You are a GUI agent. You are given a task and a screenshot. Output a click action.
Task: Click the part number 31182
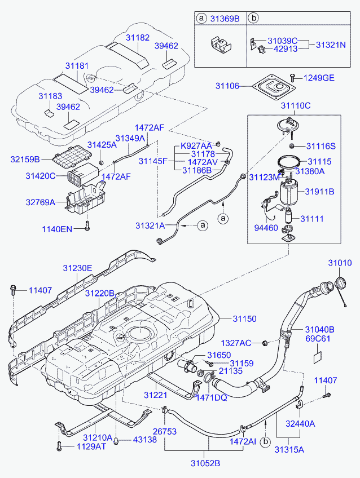point(138,38)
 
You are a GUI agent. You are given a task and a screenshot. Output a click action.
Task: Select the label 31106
point(227,86)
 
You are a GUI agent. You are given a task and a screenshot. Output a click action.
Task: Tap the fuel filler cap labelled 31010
point(340,282)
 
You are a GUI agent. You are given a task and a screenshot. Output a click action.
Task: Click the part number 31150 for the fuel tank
point(244,319)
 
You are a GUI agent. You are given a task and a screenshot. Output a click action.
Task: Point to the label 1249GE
point(319,78)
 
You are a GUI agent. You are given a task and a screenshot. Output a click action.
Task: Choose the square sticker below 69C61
point(318,357)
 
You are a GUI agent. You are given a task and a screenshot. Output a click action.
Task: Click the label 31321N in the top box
point(331,45)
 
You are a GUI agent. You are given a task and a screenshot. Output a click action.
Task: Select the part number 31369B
point(225,19)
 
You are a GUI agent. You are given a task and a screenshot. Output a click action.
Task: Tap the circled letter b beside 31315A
point(265,442)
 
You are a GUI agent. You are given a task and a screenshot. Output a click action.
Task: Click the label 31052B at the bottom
point(205,463)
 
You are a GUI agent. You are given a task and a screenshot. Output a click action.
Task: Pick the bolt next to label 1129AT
point(59,446)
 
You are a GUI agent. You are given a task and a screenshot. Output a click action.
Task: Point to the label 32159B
point(25,160)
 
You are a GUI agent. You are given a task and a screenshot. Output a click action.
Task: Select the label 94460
point(266,228)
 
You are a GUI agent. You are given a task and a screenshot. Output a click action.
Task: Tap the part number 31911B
point(319,192)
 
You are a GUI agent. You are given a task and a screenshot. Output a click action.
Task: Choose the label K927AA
point(196,146)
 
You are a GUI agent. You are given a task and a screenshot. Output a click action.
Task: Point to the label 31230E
point(77,268)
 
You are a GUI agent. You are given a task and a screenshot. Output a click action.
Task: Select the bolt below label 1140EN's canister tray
point(87,226)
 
